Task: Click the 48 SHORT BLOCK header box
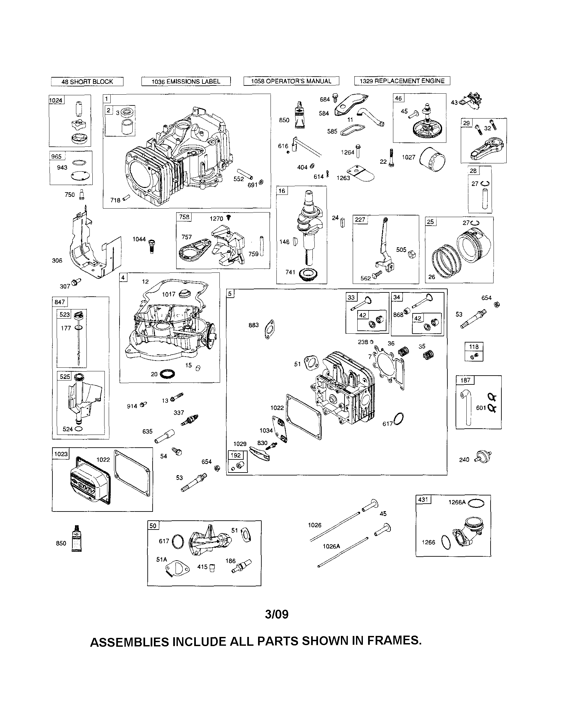[x=87, y=82]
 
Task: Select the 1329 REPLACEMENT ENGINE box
[x=402, y=81]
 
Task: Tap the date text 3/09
[x=276, y=614]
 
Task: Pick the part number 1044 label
[x=139, y=239]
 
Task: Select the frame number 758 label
[x=184, y=217]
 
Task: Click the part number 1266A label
[x=457, y=502]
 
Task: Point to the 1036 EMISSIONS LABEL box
[x=186, y=82]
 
